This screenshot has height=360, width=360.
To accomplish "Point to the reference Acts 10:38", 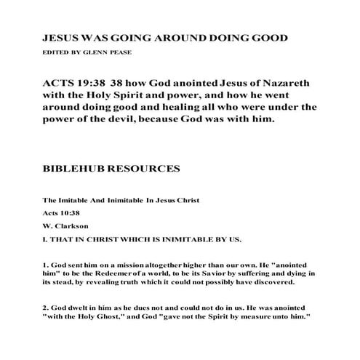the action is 59,213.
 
